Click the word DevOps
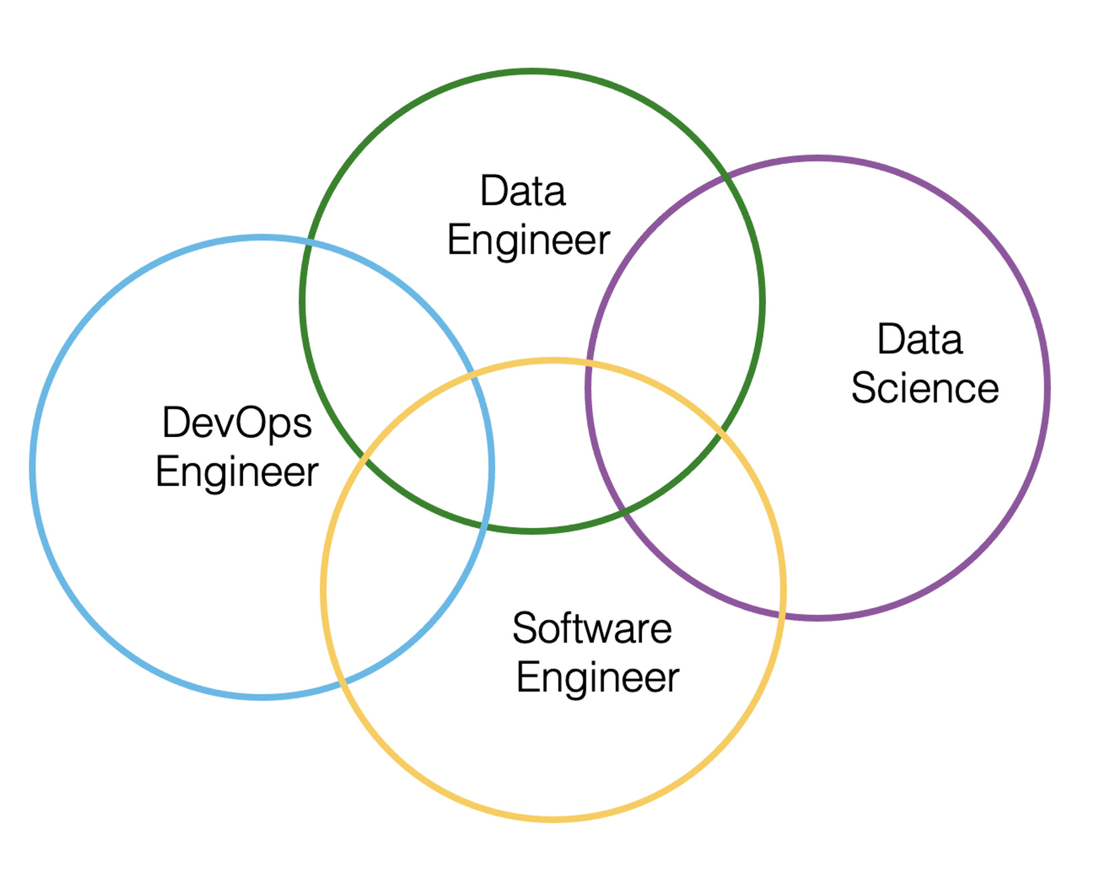[x=237, y=423]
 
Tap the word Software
[x=592, y=628]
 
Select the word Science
[x=925, y=387]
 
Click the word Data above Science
[x=920, y=339]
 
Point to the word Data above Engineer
[x=523, y=191]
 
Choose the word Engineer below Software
[x=598, y=677]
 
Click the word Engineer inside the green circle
[x=529, y=240]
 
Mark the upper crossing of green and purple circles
[x=724, y=178]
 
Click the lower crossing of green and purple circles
[x=623, y=510]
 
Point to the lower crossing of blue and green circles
[x=484, y=526]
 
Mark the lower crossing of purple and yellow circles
[x=781, y=615]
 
